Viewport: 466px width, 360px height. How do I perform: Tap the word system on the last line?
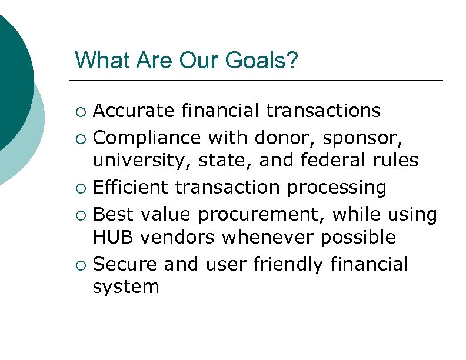(127, 288)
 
